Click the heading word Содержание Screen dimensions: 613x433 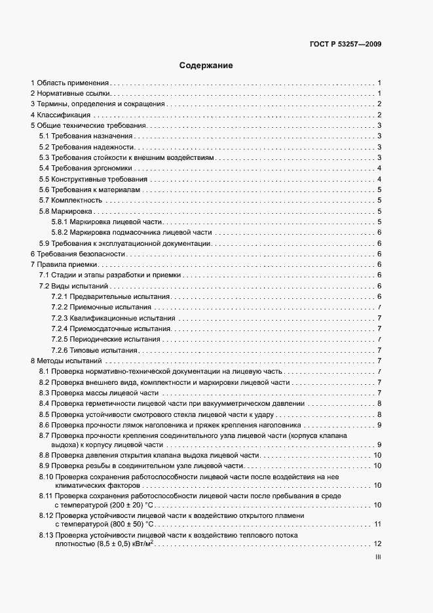(206, 66)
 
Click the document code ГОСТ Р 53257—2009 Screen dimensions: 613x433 (345, 45)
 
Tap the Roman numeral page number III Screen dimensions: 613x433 (378, 557)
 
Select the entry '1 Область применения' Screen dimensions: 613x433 (69, 83)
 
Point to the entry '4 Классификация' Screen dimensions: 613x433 (62, 115)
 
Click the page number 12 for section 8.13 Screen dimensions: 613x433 (377, 544)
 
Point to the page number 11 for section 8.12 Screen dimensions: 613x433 (377, 524)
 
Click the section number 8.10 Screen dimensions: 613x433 (45, 477)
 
